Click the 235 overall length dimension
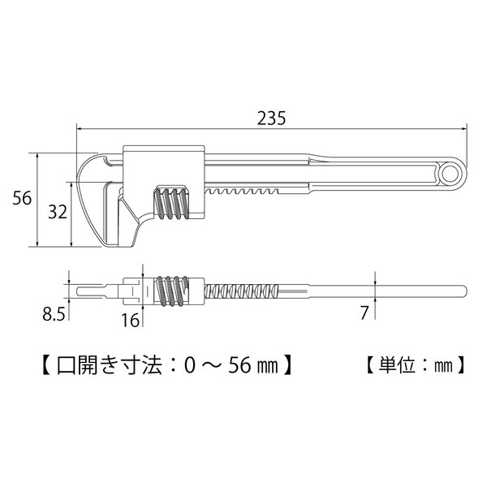tap(271, 117)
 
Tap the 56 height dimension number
tap(22, 198)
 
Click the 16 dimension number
tap(130, 320)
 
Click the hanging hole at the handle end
tap(450, 171)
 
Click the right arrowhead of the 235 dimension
tap(465, 127)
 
